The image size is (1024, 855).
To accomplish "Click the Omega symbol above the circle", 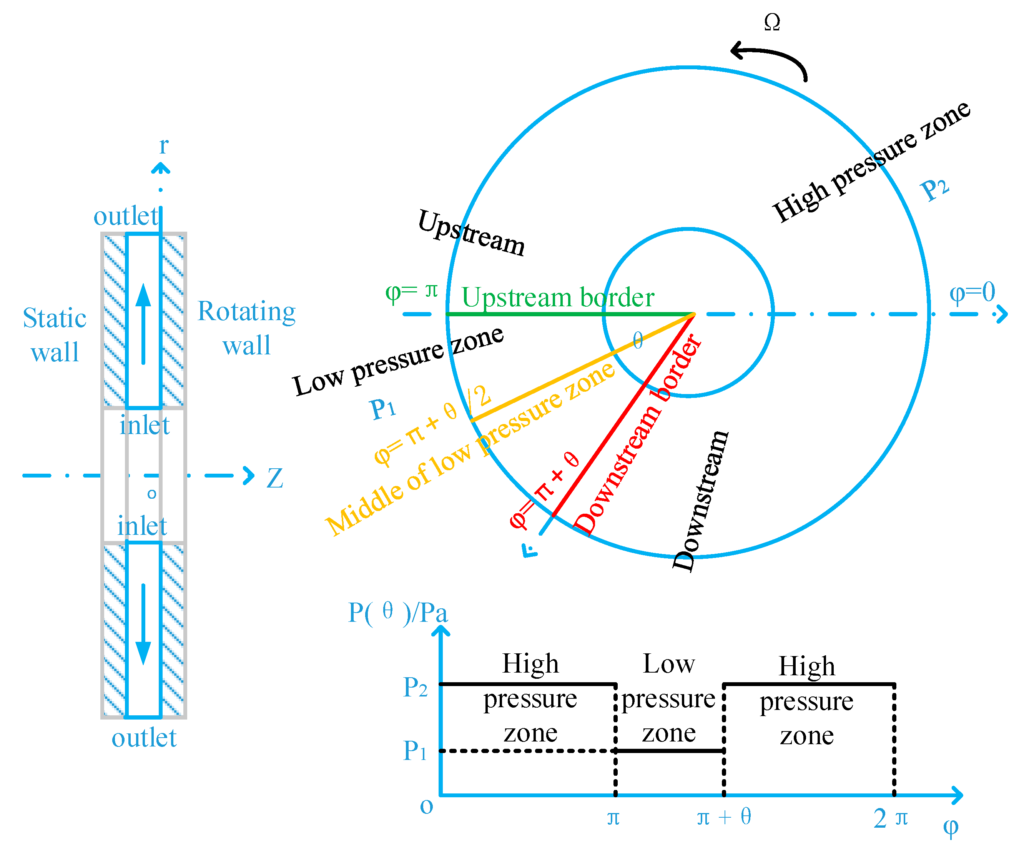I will click(772, 22).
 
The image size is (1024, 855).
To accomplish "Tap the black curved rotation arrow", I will click(773, 56).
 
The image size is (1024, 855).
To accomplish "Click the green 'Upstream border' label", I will click(557, 297).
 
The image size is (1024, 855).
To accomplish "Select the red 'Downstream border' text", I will click(638, 434).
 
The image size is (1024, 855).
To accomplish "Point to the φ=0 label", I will click(972, 292).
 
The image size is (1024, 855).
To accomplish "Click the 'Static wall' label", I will click(55, 335).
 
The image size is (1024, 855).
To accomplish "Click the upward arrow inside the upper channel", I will click(143, 322).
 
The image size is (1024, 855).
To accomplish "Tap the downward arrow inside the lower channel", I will click(143, 625).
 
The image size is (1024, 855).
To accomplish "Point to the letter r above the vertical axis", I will click(164, 145).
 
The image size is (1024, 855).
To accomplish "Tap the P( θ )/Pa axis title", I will click(397, 613).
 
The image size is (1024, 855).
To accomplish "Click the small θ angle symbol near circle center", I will click(638, 340).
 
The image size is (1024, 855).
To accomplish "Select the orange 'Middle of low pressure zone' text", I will click(470, 449).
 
